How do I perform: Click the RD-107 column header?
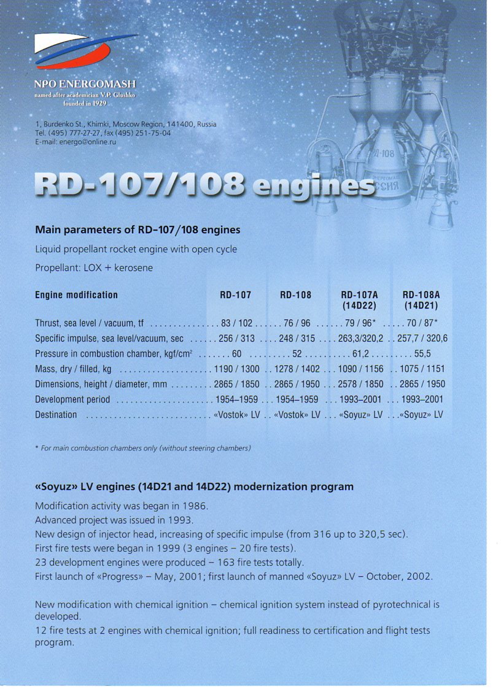tap(236, 295)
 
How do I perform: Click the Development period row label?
tap(72, 400)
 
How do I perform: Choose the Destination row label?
tap(56, 415)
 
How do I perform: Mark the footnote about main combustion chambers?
tap(143, 448)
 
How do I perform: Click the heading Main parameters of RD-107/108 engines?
tap(138, 230)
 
